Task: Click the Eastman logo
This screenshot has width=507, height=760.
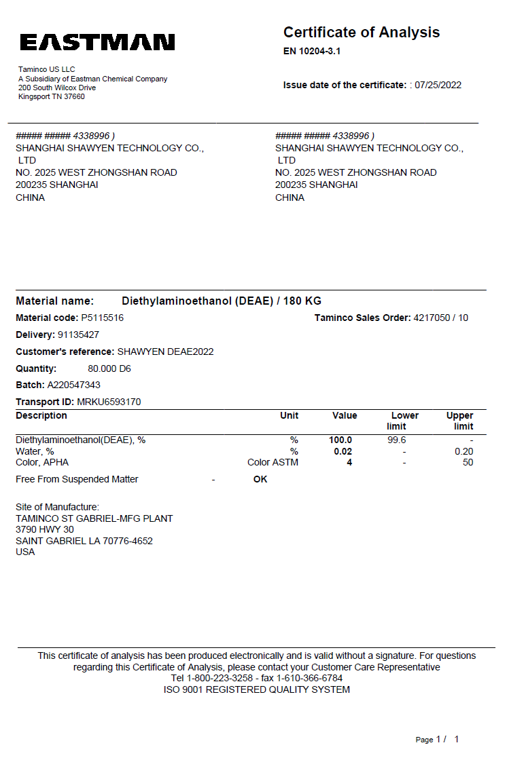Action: click(97, 43)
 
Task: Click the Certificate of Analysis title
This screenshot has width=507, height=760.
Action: click(361, 33)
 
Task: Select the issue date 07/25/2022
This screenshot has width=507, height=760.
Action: click(438, 85)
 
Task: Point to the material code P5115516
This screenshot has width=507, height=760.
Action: click(103, 318)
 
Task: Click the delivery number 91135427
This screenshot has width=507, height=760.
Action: click(79, 335)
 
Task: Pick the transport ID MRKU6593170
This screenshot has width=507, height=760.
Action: click(109, 402)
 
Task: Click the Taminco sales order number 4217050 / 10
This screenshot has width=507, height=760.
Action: click(440, 318)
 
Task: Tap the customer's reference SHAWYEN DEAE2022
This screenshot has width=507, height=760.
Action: click(166, 351)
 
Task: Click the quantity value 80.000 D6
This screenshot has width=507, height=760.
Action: click(109, 368)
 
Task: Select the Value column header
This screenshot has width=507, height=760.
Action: click(345, 415)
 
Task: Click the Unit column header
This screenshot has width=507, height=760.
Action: click(289, 415)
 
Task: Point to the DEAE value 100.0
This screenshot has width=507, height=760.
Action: click(340, 440)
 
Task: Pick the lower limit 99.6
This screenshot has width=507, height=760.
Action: click(396, 440)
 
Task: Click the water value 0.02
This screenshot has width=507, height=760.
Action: click(343, 451)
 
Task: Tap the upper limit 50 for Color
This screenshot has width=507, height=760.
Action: click(468, 462)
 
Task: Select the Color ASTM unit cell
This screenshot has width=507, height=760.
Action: click(273, 462)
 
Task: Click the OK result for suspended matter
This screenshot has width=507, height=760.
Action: click(260, 479)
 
